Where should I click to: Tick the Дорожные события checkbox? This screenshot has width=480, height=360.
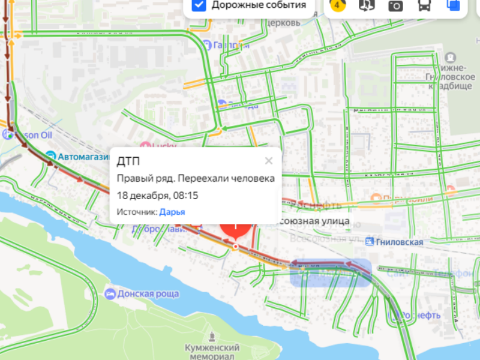coord(200,5)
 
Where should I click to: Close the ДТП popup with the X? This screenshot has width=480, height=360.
coord(269,160)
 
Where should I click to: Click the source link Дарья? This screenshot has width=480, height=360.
coord(172,211)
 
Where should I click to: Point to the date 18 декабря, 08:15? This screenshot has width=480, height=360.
coord(157,195)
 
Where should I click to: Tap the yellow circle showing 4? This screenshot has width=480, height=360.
coord(337,5)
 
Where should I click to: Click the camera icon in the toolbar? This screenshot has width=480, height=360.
coord(395,5)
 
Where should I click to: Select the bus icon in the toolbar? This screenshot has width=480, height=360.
coord(424,5)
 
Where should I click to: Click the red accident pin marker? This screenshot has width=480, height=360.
coord(236,232)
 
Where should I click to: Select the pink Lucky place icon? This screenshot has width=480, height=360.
coord(145,145)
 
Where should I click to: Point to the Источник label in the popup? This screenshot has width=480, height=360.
coord(136,211)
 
